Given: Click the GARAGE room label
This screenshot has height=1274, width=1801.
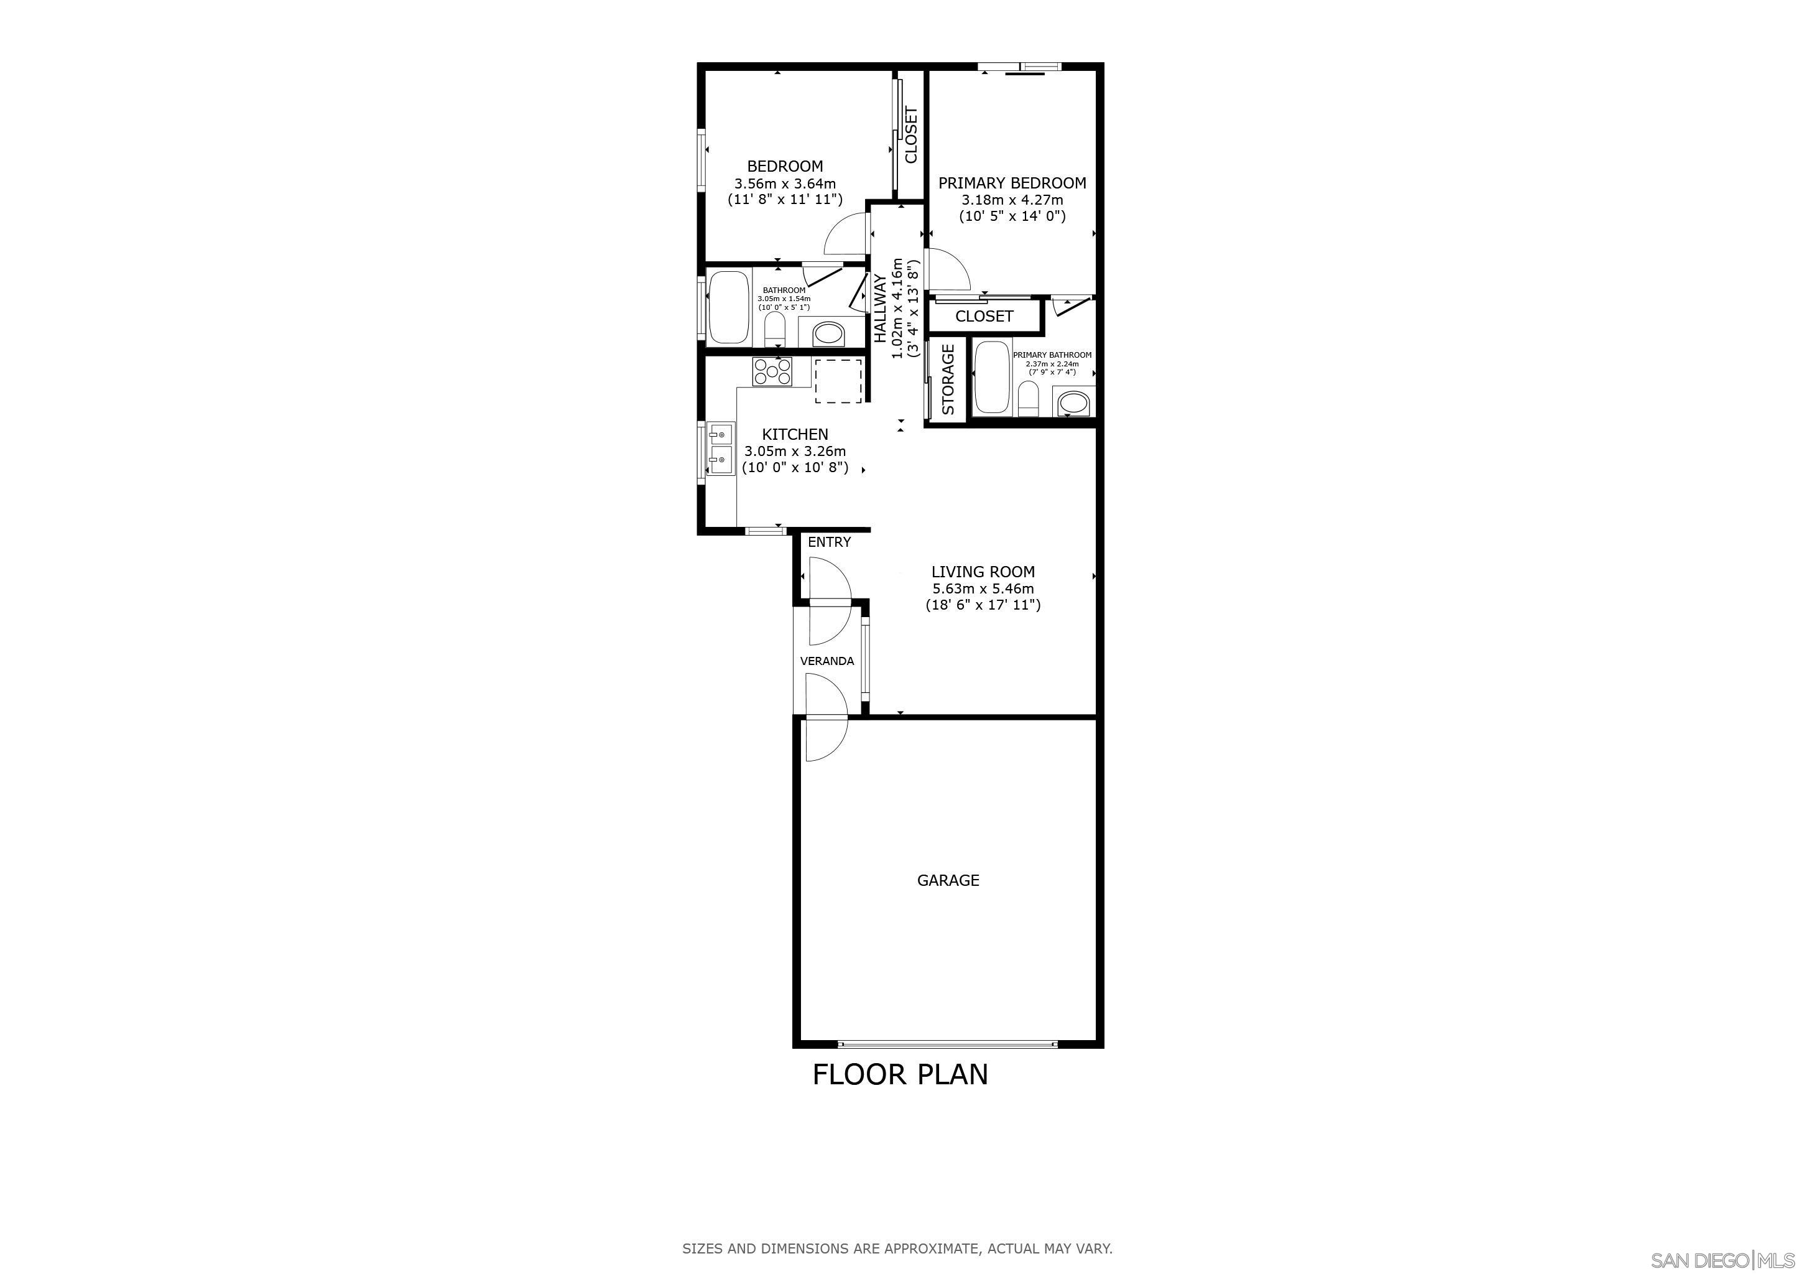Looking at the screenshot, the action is [x=948, y=880].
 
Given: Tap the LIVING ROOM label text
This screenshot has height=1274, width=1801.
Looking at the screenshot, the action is [x=983, y=572].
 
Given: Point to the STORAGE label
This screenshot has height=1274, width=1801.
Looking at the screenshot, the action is [x=948, y=379].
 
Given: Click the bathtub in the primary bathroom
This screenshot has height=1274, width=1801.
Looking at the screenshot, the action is [x=993, y=378].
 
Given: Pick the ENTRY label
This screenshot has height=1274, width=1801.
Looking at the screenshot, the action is [x=829, y=542].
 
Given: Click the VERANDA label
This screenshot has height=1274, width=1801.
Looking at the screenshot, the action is [x=826, y=661].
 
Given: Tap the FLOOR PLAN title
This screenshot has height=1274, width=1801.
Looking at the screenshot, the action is [x=900, y=1074].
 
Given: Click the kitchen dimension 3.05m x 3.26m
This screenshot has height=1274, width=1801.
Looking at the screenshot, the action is [x=795, y=451].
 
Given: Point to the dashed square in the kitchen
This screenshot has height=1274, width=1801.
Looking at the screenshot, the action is [x=838, y=381].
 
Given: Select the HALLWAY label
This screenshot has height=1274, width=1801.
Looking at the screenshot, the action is [x=880, y=309].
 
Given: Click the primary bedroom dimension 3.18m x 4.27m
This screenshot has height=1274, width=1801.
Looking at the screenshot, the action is [x=1012, y=200].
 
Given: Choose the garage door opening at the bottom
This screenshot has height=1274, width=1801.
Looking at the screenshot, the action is [x=948, y=1044].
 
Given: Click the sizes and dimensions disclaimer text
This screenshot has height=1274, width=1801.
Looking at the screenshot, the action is [x=897, y=1248].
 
